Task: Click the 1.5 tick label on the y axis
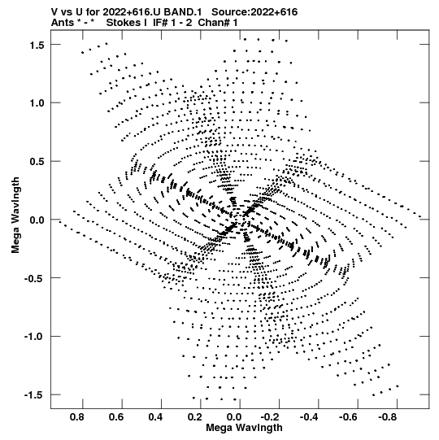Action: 37,45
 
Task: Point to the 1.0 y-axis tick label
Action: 37,103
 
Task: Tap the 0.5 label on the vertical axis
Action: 37,162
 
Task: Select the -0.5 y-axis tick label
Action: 34,278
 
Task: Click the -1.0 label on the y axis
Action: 34,337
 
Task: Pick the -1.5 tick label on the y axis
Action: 34,395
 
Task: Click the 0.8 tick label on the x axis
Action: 77,417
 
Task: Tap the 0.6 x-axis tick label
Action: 116,417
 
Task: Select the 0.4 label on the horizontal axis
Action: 156,417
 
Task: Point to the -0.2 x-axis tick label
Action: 271,417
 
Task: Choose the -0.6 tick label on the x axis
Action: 350,417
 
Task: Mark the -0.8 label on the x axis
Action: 389,417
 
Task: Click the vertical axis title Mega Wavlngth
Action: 15,216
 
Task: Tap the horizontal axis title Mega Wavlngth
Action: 244,428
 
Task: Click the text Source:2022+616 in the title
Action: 254,12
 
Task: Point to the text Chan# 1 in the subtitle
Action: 218,23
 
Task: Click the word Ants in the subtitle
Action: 63,23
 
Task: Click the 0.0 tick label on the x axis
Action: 234,417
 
